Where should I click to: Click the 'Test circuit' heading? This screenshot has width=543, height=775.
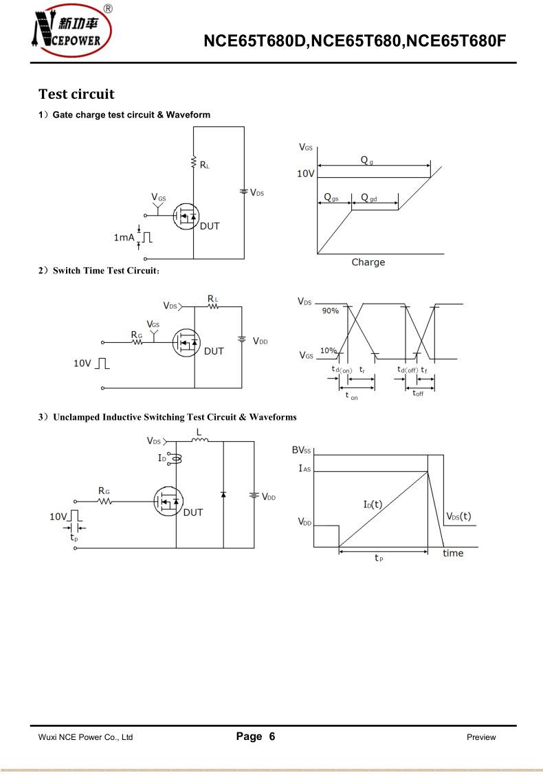click(76, 94)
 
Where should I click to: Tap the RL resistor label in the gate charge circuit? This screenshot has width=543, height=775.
click(205, 164)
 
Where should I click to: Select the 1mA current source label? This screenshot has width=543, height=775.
click(124, 237)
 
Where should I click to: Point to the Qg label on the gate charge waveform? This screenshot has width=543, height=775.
click(368, 159)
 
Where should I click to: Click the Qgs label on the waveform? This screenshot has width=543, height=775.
click(331, 198)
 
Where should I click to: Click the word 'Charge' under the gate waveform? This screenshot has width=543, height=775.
click(368, 262)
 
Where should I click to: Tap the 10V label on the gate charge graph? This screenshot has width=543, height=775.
click(306, 174)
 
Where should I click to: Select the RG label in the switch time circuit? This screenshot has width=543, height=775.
click(137, 335)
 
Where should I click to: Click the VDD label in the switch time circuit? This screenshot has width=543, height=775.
click(261, 341)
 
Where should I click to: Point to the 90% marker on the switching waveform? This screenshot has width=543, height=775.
click(331, 311)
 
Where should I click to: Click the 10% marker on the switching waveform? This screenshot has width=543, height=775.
click(328, 351)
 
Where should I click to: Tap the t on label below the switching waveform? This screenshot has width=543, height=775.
click(351, 396)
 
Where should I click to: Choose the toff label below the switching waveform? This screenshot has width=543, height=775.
click(418, 394)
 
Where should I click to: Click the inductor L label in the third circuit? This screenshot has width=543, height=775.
click(199, 432)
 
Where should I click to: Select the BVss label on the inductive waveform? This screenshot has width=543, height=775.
click(302, 450)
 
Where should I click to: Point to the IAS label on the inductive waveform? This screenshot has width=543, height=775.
click(304, 468)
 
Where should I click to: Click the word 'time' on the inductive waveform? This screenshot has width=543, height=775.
click(453, 553)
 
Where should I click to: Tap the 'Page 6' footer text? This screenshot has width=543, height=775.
click(256, 737)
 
